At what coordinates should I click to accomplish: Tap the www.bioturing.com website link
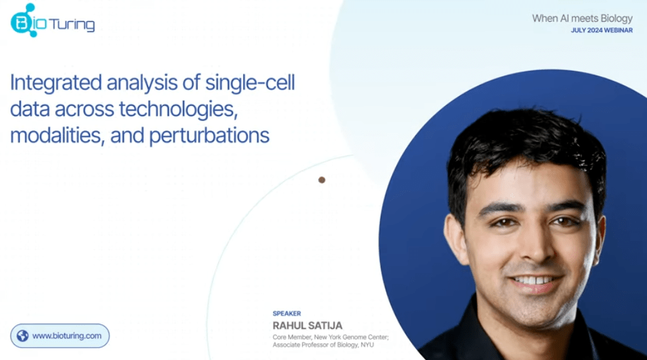pos(67,336)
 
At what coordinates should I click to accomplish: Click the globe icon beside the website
pos(23,336)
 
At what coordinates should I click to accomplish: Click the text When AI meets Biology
pos(582,19)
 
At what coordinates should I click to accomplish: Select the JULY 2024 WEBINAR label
pos(601,30)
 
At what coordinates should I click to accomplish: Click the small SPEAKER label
pos(287,314)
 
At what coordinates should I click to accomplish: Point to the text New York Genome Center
pos(349,337)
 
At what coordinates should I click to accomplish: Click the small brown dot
pos(322,179)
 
